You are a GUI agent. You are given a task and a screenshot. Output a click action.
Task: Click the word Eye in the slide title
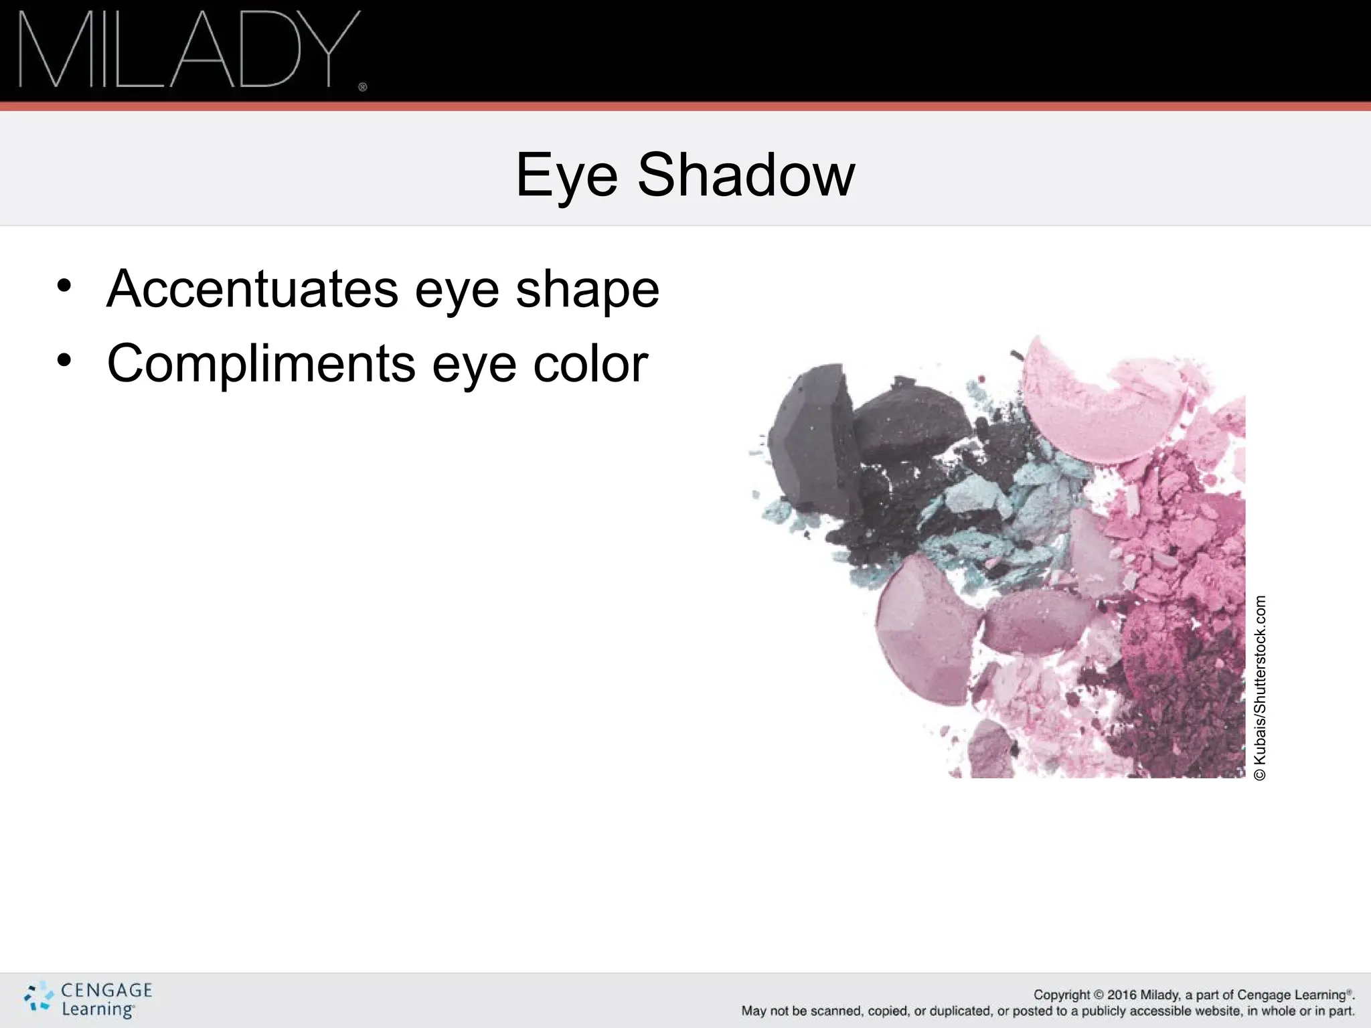tap(566, 175)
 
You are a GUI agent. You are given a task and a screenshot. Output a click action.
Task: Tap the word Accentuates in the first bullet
tap(252, 289)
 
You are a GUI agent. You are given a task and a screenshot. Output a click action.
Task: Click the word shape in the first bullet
tap(587, 290)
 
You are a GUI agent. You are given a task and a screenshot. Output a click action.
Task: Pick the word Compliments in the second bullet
tap(261, 364)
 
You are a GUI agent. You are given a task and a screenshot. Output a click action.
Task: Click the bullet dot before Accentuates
tap(64, 286)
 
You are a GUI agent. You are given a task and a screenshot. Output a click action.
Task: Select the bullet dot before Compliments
tap(64, 361)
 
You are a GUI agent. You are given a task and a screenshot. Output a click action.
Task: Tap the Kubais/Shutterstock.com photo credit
tap(1260, 688)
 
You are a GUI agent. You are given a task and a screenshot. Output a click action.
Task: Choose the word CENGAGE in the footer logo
tap(106, 991)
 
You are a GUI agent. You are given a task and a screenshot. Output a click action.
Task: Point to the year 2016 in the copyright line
tap(1122, 995)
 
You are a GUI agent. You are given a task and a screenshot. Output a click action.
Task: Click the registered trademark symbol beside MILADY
tap(363, 87)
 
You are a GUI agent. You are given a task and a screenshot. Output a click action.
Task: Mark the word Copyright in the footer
tap(1062, 995)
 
